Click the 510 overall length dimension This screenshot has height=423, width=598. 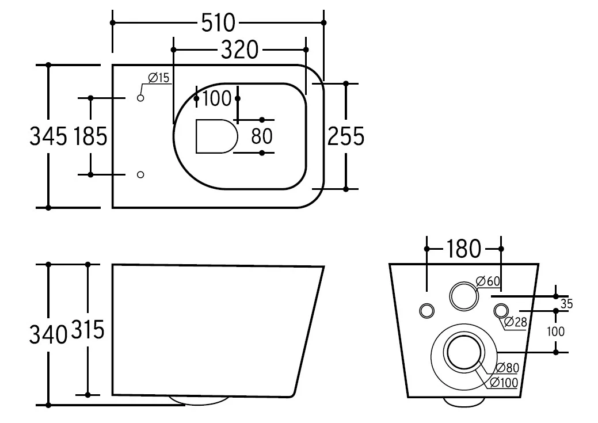[x=218, y=23]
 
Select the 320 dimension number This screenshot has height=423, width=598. [x=239, y=50]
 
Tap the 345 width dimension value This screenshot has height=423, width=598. [x=48, y=136]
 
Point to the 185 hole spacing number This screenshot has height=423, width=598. [x=90, y=136]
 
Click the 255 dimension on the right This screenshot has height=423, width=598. [x=346, y=136]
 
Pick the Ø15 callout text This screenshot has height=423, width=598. [x=159, y=78]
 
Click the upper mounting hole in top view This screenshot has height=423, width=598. [x=140, y=98]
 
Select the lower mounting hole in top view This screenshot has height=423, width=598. [x=140, y=175]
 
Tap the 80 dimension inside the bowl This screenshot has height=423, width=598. [x=262, y=136]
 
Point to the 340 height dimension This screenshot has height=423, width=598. [x=48, y=334]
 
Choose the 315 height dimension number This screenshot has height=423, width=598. [x=87, y=330]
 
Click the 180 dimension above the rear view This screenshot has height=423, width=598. [x=463, y=249]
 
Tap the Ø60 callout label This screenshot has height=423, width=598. [x=488, y=281]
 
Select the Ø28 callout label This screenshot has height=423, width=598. [x=515, y=322]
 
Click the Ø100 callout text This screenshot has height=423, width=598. [x=504, y=382]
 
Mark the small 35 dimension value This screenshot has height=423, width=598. [x=566, y=304]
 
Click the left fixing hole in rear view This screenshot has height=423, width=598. [x=426, y=311]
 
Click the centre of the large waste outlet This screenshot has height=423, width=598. [x=464, y=352]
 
